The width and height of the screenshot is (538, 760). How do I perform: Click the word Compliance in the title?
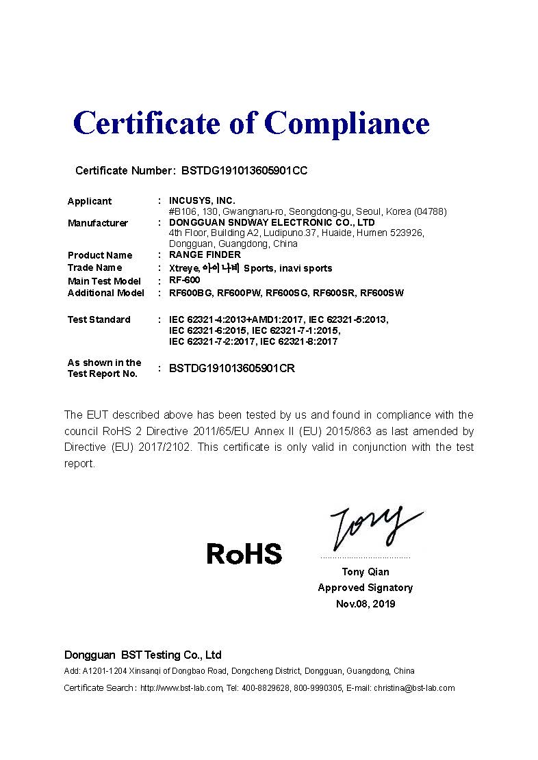346,123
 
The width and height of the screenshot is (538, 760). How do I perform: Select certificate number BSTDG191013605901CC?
244,170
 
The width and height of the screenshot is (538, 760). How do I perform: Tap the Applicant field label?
89,201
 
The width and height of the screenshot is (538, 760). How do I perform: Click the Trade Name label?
94,267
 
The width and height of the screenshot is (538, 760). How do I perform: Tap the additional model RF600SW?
382,293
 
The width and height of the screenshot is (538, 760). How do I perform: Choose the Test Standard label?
99,319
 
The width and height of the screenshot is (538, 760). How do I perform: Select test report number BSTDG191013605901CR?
232,368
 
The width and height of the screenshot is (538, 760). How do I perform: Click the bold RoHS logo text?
244,553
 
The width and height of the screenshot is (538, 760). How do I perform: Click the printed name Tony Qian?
365,572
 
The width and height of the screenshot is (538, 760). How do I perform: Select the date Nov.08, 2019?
365,604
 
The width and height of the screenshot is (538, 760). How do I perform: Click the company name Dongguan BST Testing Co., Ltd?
142,655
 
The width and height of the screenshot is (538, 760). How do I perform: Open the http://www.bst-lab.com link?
181,688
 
